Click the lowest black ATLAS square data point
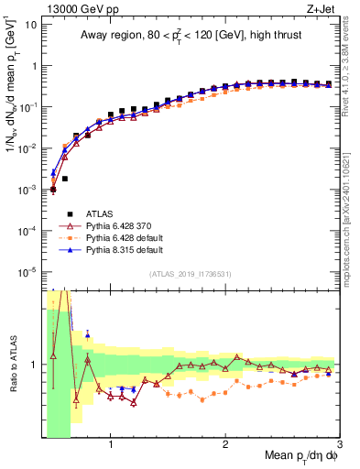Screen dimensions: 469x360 click(53, 190)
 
